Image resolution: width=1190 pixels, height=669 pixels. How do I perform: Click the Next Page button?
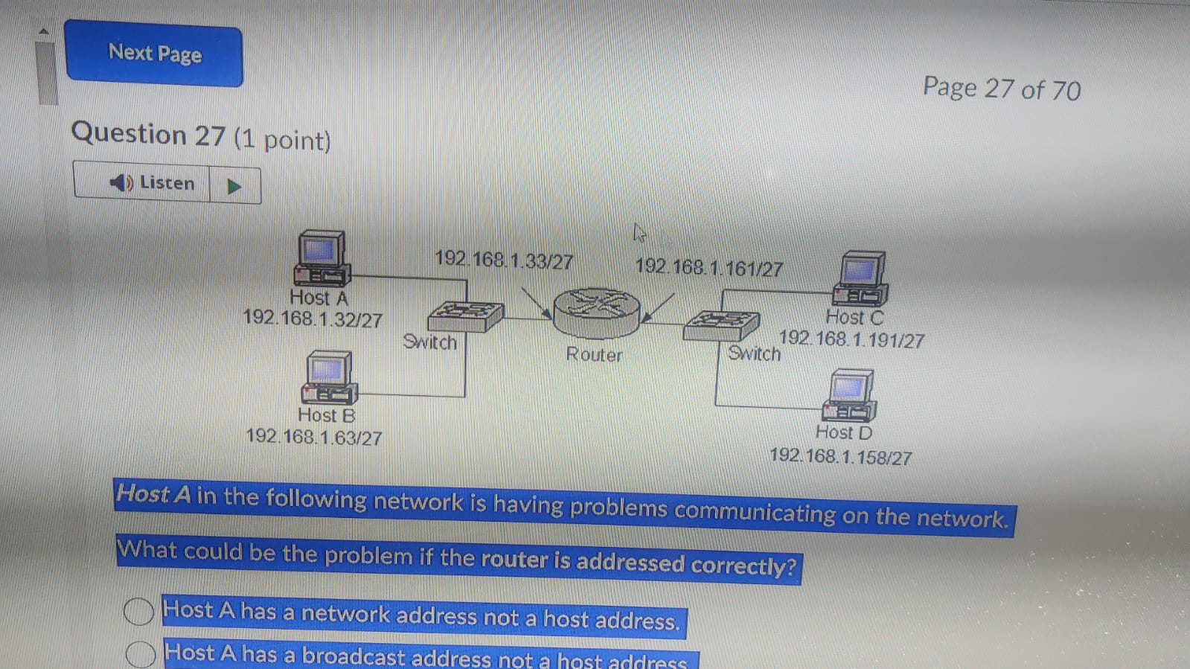click(x=154, y=54)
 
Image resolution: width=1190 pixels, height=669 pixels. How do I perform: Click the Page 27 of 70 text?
click(x=1001, y=89)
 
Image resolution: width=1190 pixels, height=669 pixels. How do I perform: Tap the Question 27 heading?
click(x=200, y=136)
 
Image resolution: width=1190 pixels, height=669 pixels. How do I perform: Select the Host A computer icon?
click(x=322, y=258)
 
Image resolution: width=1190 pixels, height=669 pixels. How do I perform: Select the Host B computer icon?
click(x=329, y=377)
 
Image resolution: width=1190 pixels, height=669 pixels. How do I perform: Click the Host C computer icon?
click(x=861, y=278)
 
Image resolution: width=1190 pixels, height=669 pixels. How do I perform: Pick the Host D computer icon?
click(x=850, y=395)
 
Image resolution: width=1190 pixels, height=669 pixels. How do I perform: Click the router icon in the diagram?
click(x=597, y=312)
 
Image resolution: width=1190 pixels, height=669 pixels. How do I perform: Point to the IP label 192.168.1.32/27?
click(x=313, y=319)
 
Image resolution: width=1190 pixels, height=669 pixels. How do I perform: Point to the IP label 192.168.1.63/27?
click(x=314, y=437)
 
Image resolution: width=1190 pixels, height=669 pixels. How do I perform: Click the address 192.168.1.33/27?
click(x=504, y=260)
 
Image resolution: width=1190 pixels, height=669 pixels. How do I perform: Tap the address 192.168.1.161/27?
click(x=708, y=268)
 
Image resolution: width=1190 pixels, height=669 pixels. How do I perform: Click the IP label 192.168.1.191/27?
click(x=851, y=339)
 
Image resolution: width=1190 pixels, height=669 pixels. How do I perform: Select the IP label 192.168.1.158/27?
click(x=840, y=456)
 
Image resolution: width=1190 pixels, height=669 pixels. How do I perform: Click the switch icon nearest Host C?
click(x=720, y=325)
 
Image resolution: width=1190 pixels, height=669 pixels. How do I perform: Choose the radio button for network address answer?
click(x=138, y=611)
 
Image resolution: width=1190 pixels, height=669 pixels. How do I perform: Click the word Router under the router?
click(x=594, y=354)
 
